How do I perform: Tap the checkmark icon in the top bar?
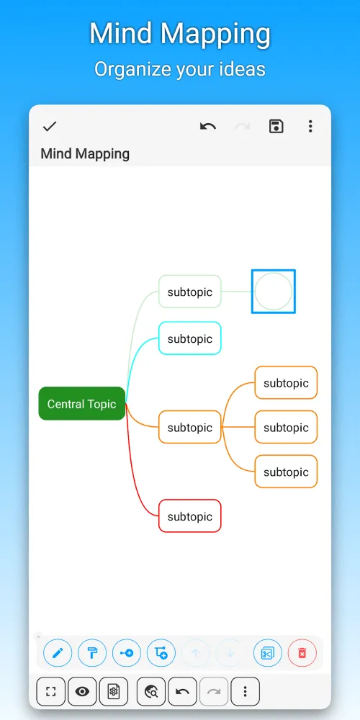click(49, 126)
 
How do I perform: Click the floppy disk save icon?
click(276, 126)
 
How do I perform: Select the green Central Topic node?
click(82, 404)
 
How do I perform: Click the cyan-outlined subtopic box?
click(189, 338)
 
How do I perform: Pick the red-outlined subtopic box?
click(189, 516)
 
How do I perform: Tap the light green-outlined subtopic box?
click(189, 292)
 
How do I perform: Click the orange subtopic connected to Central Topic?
click(189, 428)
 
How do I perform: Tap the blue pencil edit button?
click(58, 653)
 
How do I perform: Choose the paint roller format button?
click(92, 653)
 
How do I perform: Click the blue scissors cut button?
click(267, 653)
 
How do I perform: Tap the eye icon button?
click(82, 691)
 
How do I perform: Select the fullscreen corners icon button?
click(51, 691)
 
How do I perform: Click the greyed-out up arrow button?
click(196, 653)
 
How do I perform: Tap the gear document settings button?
click(114, 691)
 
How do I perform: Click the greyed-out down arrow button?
click(230, 653)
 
